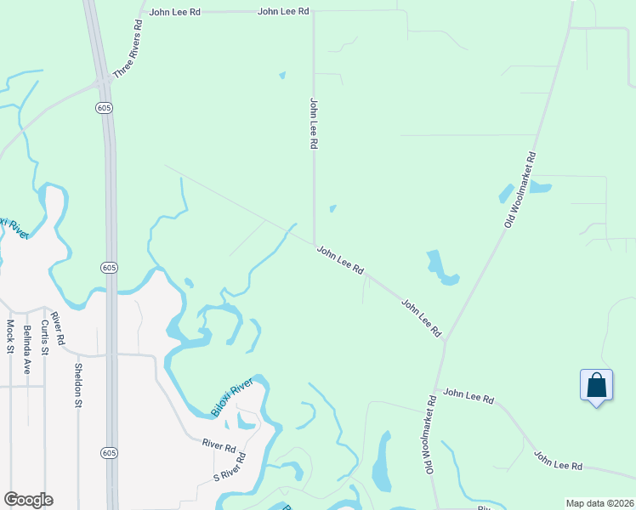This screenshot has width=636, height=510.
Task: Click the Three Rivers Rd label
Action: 127,48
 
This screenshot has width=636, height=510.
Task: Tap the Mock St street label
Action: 10,336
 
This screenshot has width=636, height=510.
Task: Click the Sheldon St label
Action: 77,385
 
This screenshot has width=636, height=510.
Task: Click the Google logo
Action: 28,500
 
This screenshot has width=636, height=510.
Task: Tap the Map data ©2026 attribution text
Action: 599,503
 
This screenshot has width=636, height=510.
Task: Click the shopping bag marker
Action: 596,386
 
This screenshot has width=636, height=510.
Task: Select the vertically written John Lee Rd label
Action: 314,124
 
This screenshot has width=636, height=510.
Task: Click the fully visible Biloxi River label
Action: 231,398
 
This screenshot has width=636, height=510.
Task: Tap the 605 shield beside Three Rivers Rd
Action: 104,108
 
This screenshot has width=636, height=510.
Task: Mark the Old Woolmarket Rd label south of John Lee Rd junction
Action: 430,433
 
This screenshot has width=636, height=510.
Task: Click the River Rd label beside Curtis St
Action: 59,328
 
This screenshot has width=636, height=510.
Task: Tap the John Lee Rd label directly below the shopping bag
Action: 558,461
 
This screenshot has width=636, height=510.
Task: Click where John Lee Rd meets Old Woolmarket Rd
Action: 445,341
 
